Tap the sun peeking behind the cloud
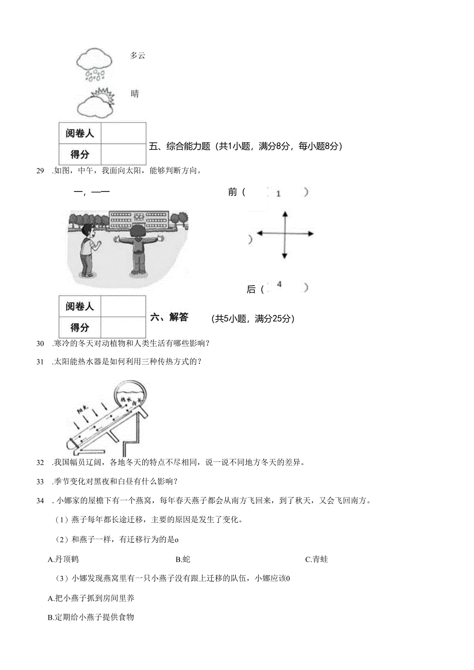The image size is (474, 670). tap(101, 96)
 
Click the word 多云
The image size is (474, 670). tap(138, 56)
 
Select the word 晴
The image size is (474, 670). tap(134, 94)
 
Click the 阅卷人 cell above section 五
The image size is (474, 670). tap(80, 133)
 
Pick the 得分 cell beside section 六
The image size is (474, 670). tap(80, 327)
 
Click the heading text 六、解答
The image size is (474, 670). tap(169, 317)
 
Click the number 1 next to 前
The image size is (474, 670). tap(278, 194)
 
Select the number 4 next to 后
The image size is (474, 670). tap(279, 284)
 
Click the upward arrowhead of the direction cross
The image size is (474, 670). tap(284, 214)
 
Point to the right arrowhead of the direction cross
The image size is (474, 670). tap(311, 233)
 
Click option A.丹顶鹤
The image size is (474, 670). tap(63, 559)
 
